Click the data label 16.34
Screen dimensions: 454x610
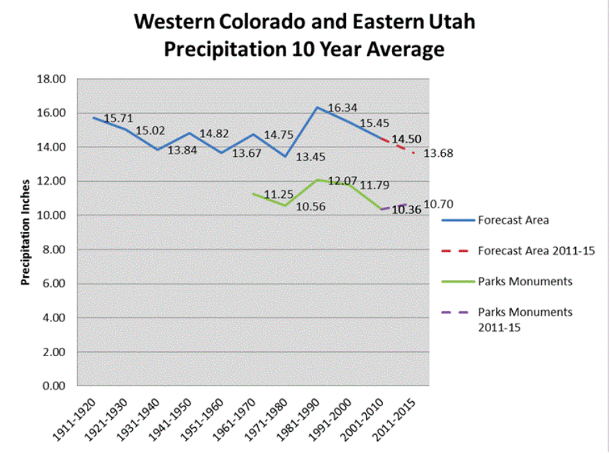tap(343, 108)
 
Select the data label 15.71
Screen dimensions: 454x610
tap(118, 119)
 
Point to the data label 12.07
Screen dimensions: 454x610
tap(343, 181)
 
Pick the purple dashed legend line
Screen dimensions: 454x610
tap(456, 312)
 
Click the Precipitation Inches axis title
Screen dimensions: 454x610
tap(26, 233)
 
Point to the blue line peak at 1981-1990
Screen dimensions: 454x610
tap(317, 108)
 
